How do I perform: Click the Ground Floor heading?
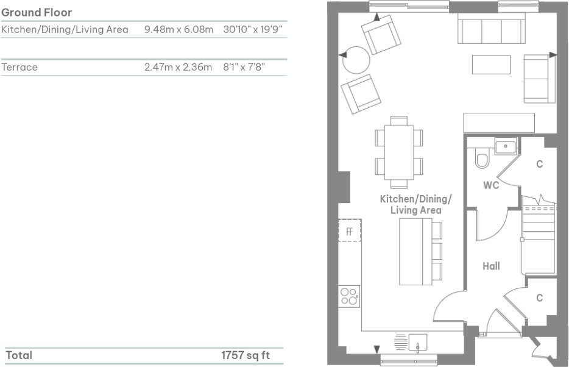[37, 12]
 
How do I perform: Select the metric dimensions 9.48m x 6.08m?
[179, 29]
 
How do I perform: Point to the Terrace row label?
[19, 67]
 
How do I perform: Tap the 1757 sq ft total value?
[245, 355]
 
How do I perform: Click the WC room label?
[491, 185]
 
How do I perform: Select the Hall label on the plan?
[491, 266]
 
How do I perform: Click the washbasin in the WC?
[505, 147]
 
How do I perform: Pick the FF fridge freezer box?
[350, 231]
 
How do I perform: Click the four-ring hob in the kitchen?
[349, 296]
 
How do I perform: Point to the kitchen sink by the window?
[418, 343]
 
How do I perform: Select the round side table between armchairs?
[356, 60]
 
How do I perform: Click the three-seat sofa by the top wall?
[490, 29]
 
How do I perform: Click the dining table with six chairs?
[399, 151]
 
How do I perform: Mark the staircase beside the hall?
[539, 238]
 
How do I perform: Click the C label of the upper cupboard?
[539, 164]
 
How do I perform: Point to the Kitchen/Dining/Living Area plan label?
[415, 204]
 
